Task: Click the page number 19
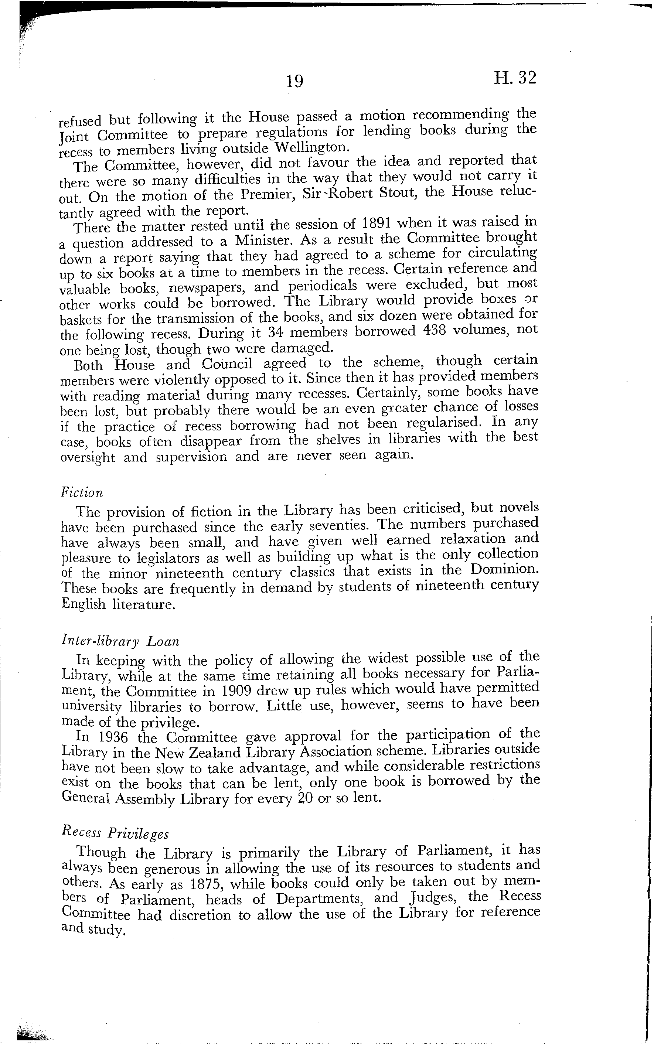pyautogui.click(x=294, y=81)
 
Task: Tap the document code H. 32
pyautogui.click(x=514, y=78)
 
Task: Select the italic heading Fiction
pyautogui.click(x=82, y=492)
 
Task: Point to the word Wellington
pyautogui.click(x=311, y=147)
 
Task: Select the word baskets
pyautogui.click(x=81, y=319)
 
